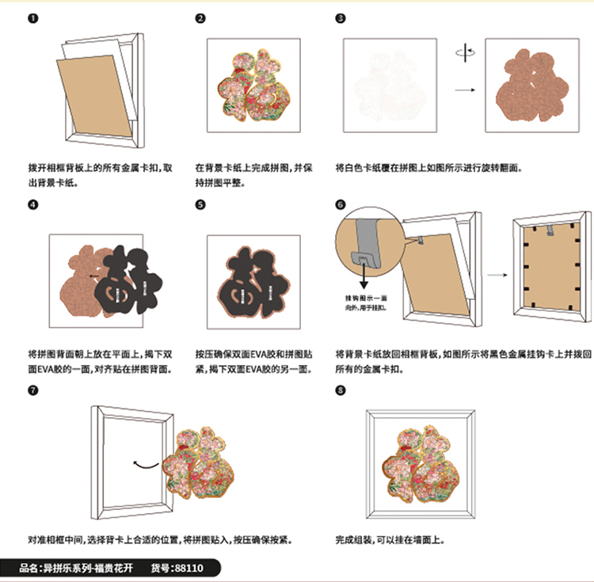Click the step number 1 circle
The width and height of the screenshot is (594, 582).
point(32,18)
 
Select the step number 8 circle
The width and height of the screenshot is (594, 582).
point(341,390)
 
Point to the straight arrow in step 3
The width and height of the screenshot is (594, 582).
point(465,89)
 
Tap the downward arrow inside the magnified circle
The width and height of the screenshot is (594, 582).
point(364,276)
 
